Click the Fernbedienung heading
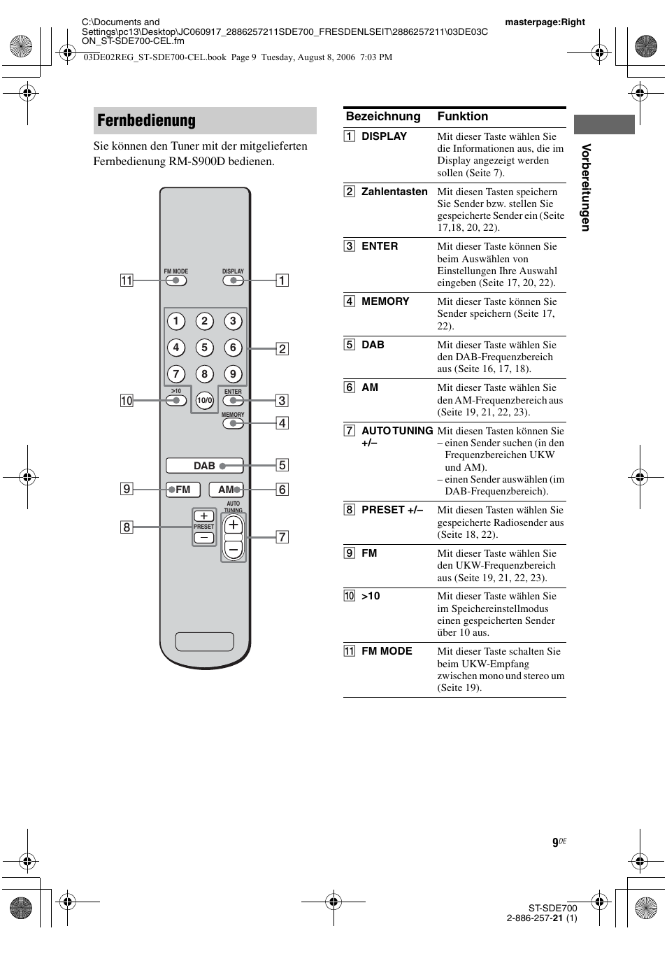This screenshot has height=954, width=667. tap(147, 120)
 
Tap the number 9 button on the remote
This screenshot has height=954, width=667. tap(233, 374)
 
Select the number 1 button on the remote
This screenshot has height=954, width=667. tap(175, 321)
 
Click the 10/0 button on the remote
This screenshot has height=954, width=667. tap(204, 401)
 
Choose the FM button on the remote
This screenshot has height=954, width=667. tap(183, 490)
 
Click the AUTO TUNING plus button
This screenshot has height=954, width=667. tap(234, 525)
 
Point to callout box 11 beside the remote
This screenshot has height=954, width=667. tap(127, 280)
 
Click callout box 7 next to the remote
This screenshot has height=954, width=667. tap(282, 537)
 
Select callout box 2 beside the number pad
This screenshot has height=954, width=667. tap(282, 348)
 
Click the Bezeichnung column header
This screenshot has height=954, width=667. tap(383, 117)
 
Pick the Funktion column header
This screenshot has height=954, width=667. tap(463, 117)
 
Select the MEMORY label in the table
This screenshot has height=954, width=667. tap(385, 301)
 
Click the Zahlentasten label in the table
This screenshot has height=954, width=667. tap(394, 192)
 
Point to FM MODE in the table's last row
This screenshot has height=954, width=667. tap(387, 651)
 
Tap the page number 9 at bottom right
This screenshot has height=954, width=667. tap(555, 843)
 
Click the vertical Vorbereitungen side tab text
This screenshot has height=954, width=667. tap(586, 187)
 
